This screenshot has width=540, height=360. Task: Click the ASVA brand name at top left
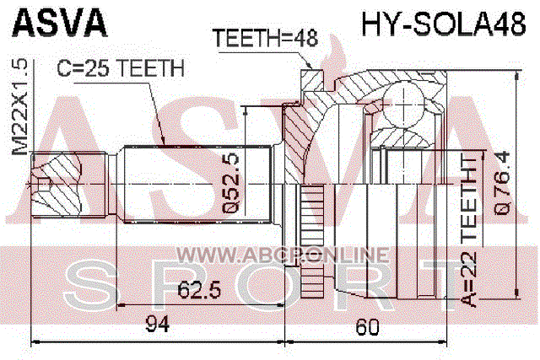pyautogui.click(x=60, y=23)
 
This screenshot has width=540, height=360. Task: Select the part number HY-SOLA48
pyautogui.click(x=444, y=23)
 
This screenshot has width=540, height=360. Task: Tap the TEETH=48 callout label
pyautogui.click(x=265, y=37)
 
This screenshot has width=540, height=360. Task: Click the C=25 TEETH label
pyautogui.click(x=121, y=68)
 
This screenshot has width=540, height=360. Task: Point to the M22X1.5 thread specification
pyautogui.click(x=20, y=107)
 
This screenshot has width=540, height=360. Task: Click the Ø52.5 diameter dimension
pyautogui.click(x=229, y=183)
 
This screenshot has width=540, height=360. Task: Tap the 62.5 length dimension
pyautogui.click(x=199, y=290)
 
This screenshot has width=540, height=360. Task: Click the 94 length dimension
pyautogui.click(x=158, y=324)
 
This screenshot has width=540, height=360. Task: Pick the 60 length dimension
pyautogui.click(x=367, y=327)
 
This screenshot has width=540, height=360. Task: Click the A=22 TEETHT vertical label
pyautogui.click(x=469, y=230)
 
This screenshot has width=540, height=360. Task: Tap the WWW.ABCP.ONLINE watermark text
pyautogui.click(x=283, y=255)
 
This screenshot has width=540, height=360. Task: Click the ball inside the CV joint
pyautogui.click(x=403, y=105)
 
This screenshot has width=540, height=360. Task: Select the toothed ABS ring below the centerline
pyautogui.click(x=312, y=241)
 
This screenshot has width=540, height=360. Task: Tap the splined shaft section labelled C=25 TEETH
pyautogui.click(x=197, y=185)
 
